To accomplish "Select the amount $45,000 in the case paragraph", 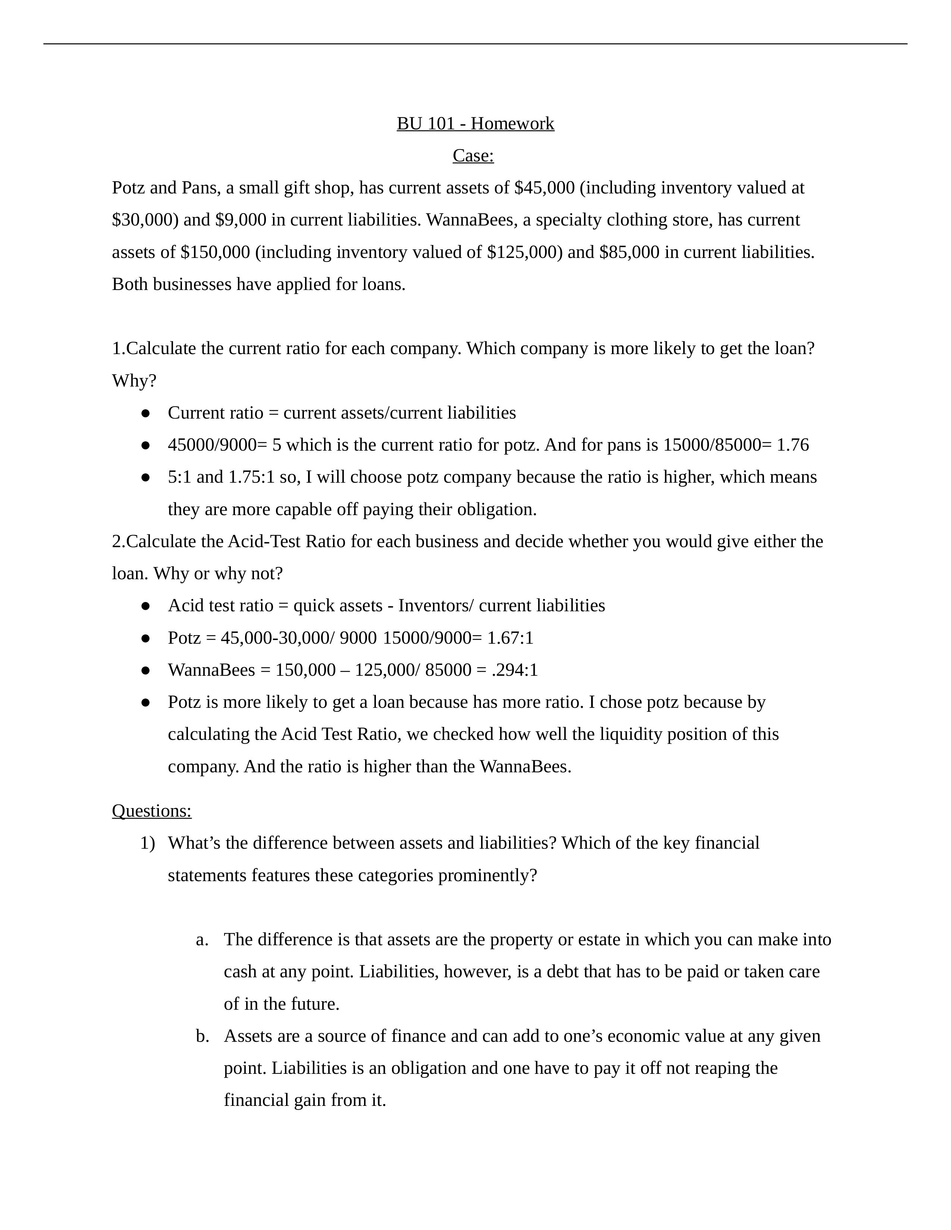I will (544, 187).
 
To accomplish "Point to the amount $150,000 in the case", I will (215, 252).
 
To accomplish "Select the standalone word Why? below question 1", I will (134, 381).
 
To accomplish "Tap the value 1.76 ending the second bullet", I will (793, 445).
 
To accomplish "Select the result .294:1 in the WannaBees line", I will (514, 670).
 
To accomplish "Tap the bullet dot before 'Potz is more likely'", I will (145, 702).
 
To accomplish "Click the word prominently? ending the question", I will (487, 875).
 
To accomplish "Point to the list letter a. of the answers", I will (202, 939).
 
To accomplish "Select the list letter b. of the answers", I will (202, 1036).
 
